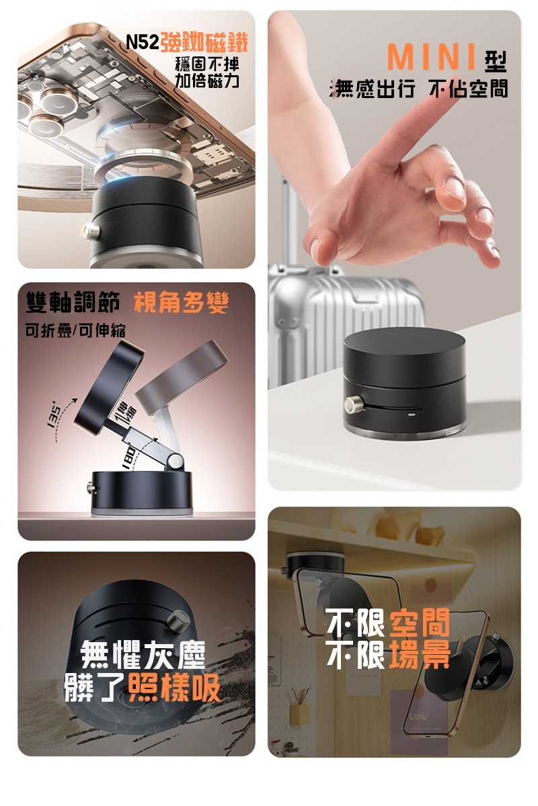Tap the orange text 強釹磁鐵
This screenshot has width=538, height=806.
[203, 42]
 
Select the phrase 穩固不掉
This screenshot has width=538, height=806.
[206, 65]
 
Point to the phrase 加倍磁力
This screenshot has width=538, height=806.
[206, 82]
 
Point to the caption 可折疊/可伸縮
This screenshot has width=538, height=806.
[75, 330]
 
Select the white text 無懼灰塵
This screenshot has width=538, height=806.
[143, 652]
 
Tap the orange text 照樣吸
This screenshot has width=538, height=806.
[174, 686]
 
